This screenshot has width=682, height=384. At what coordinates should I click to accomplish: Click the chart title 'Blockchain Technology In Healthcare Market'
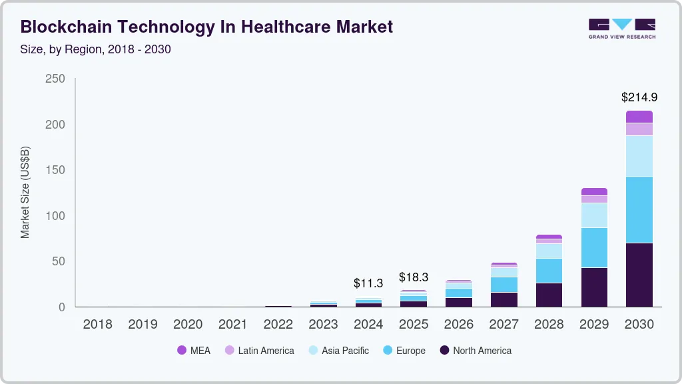(x=206, y=27)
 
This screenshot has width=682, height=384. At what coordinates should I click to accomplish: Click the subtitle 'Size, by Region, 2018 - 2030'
(x=96, y=49)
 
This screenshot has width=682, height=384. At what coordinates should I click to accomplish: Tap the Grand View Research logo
(x=621, y=29)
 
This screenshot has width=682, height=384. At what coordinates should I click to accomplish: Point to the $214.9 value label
(x=639, y=97)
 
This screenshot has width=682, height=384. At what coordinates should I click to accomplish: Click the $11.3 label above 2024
(x=368, y=283)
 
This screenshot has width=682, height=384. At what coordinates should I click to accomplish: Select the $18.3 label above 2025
(x=414, y=277)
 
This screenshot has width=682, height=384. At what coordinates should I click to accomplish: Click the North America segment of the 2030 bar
(x=639, y=275)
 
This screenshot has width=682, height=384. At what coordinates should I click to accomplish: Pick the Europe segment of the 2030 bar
(x=639, y=209)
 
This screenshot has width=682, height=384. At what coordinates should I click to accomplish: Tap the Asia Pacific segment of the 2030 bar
(x=639, y=155)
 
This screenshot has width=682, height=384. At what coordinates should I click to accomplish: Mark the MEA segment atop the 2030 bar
(x=639, y=117)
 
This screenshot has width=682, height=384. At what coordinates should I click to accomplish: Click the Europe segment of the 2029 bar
(x=594, y=247)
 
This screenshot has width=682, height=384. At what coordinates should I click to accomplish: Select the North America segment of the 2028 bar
(x=549, y=295)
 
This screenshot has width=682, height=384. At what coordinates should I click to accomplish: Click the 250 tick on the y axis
(x=55, y=79)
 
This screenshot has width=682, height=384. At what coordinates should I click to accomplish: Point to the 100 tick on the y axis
(x=55, y=216)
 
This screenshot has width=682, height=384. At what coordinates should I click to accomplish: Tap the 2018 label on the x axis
(x=97, y=325)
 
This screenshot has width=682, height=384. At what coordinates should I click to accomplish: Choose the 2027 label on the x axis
(x=504, y=325)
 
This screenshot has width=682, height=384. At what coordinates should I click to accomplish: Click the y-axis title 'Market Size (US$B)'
(x=25, y=192)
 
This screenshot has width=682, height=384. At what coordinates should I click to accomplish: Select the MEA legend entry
(x=194, y=351)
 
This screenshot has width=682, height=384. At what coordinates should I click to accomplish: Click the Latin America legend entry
(x=259, y=351)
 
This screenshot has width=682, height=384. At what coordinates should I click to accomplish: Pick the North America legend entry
(x=476, y=351)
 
